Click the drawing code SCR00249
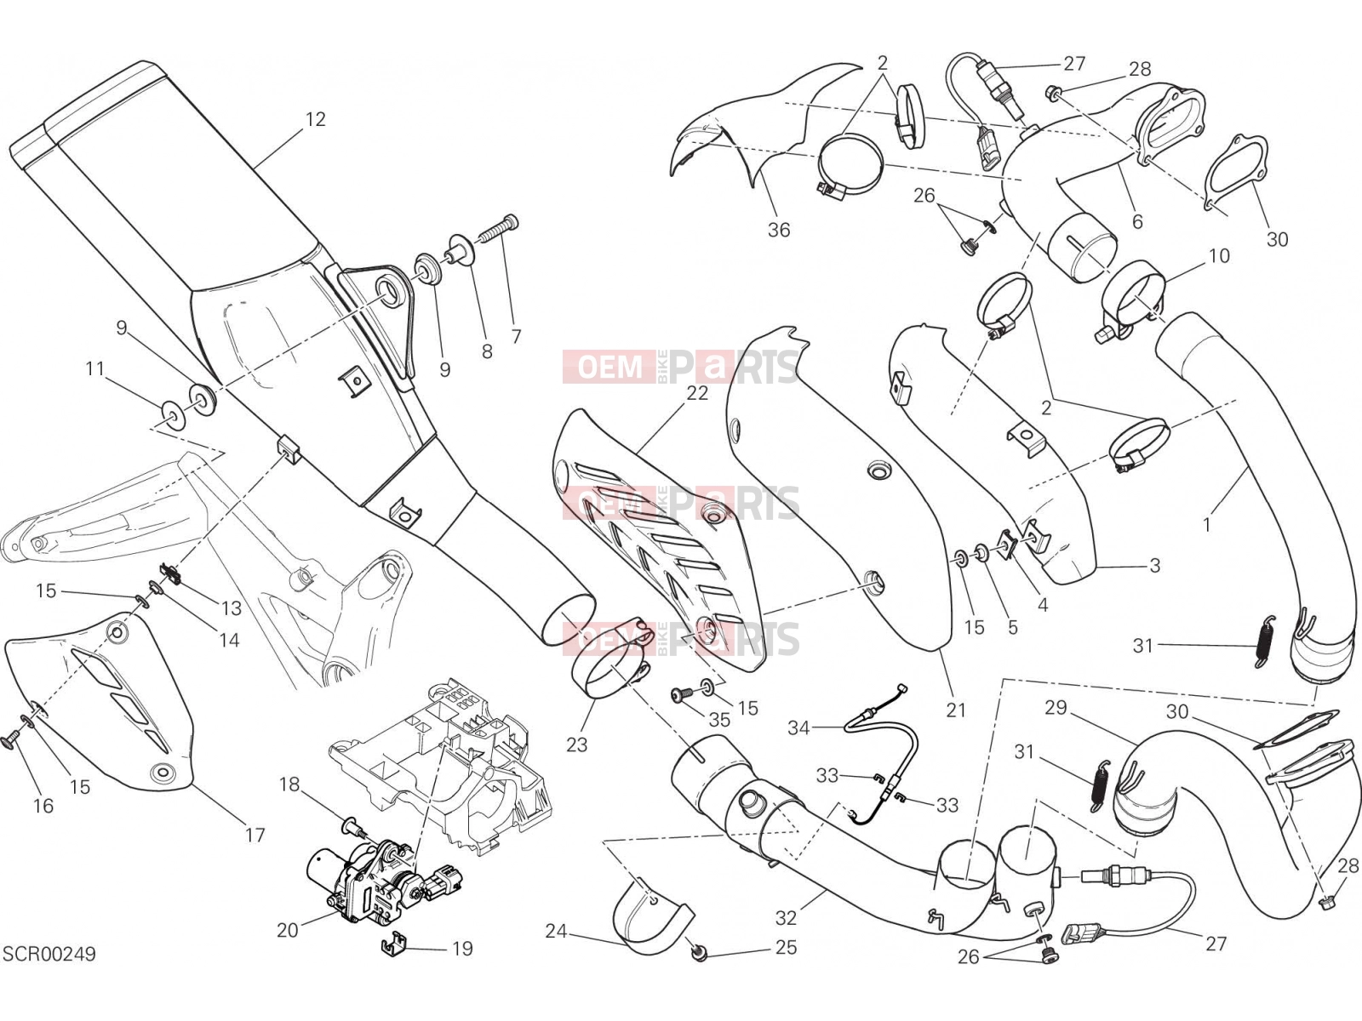click(x=49, y=954)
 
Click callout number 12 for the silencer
click(x=315, y=119)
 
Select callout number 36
click(x=779, y=230)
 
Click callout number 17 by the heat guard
click(x=255, y=835)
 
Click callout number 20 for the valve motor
click(x=287, y=930)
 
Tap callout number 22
click(x=697, y=393)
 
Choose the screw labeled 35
click(x=681, y=695)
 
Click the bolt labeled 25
click(x=700, y=955)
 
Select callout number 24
click(x=556, y=931)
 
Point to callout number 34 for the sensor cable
click(x=798, y=727)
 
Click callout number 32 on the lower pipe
click(x=786, y=917)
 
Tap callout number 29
click(x=1056, y=707)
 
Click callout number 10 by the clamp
click(x=1219, y=255)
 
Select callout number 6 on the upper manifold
click(x=1136, y=221)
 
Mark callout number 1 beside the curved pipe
click(x=1207, y=525)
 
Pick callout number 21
click(x=956, y=710)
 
